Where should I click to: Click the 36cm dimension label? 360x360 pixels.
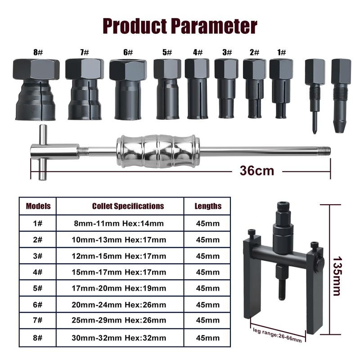(256, 171)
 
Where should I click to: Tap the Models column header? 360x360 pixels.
(38, 206)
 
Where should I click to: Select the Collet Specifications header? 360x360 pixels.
(128, 206)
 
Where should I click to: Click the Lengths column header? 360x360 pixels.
(208, 206)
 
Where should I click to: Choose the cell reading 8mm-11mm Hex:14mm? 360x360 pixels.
(119, 223)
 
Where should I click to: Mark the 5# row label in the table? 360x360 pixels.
(38, 288)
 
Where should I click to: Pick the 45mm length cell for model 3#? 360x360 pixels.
(208, 256)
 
